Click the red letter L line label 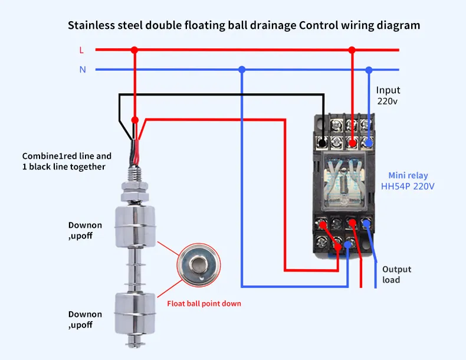pyautogui.click(x=81, y=50)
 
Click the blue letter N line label pyautogui.click(x=83, y=70)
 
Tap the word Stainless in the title pyautogui.click(x=92, y=25)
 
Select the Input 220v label pyautogui.click(x=388, y=96)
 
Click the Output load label pyautogui.click(x=396, y=274)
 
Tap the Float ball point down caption pyautogui.click(x=204, y=304)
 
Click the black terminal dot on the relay pyautogui.click(x=322, y=143)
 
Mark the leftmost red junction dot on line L pyautogui.click(x=134, y=50)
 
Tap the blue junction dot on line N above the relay pyautogui.click(x=369, y=70)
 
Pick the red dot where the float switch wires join pyautogui.click(x=135, y=120)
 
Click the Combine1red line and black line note pyautogui.click(x=67, y=162)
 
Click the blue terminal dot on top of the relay pyautogui.click(x=369, y=142)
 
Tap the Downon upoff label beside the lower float pyautogui.click(x=85, y=320)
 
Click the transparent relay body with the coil pyautogui.click(x=345, y=180)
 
